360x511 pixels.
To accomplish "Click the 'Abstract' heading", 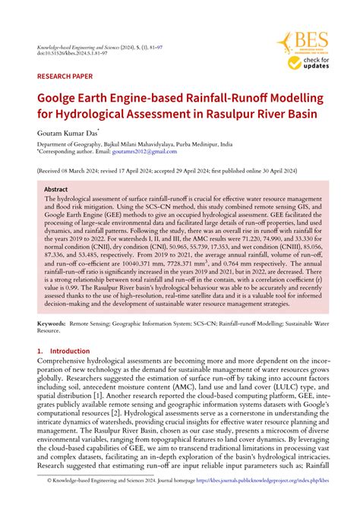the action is (x=56, y=189).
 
